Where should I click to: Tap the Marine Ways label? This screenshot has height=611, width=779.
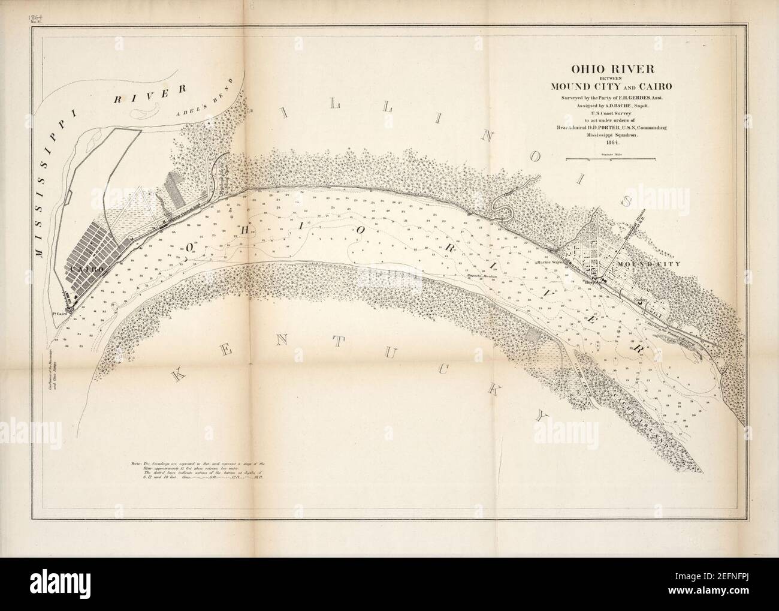(551, 263)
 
